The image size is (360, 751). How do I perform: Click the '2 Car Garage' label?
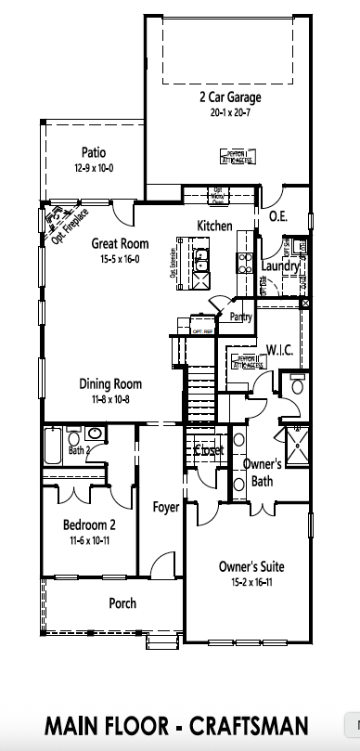[229, 97]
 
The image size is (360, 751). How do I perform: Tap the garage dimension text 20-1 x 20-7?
[229, 111]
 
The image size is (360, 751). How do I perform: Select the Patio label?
[92, 153]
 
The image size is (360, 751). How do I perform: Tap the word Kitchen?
[214, 226]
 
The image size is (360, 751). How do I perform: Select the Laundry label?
[279, 266]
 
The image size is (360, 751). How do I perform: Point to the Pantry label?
[240, 317]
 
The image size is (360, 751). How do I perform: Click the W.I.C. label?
[279, 350]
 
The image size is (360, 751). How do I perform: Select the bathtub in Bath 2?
[55, 447]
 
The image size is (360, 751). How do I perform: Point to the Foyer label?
[166, 507]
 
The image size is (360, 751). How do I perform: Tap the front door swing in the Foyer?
[162, 564]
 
